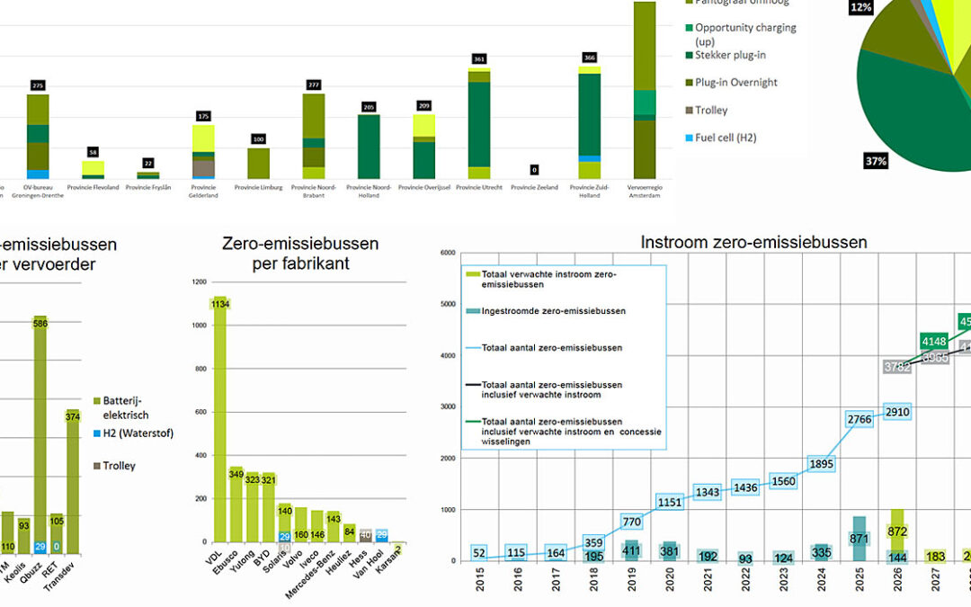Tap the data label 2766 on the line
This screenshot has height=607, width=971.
tap(859, 419)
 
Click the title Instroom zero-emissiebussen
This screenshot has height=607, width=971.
tap(753, 242)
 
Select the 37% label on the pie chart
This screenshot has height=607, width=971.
tap(876, 161)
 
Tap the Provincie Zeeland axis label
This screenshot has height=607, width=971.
tap(535, 188)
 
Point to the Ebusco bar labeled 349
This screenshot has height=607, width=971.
tap(236, 504)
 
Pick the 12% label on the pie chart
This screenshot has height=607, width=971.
tap(860, 8)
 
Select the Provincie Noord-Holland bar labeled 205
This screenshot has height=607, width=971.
tap(369, 146)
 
